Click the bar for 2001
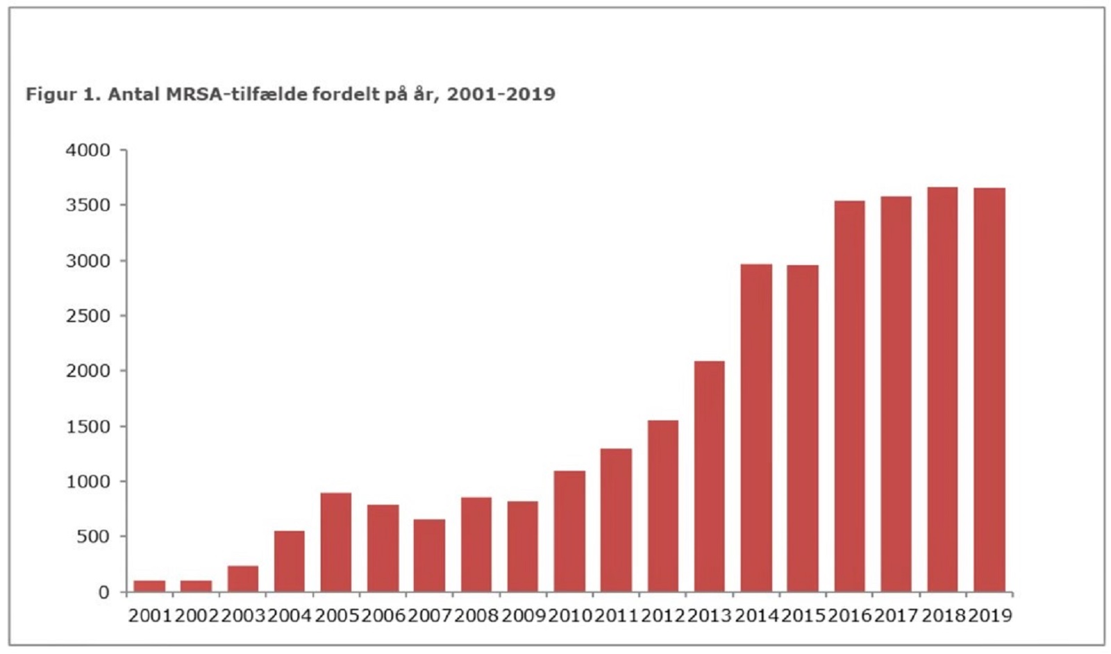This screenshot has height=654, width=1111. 149,586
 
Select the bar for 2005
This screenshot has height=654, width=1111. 336,542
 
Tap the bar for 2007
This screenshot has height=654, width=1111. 429,555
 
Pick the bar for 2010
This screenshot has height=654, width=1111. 569,531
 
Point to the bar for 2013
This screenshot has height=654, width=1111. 709,476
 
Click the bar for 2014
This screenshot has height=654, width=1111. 756,428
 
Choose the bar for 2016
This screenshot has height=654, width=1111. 849,396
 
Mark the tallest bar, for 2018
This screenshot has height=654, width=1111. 942,389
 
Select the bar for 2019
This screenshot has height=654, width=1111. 989,390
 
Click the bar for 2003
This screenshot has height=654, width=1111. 243,579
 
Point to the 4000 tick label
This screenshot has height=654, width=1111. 87,151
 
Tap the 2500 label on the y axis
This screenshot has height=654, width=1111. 87,316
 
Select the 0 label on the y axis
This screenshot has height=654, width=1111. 103,592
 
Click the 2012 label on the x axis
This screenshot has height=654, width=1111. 662,616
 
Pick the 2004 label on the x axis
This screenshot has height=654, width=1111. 290,616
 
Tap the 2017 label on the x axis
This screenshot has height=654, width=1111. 896,616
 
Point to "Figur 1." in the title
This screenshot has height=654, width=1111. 63,94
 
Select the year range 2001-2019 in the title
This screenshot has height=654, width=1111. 501,94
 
